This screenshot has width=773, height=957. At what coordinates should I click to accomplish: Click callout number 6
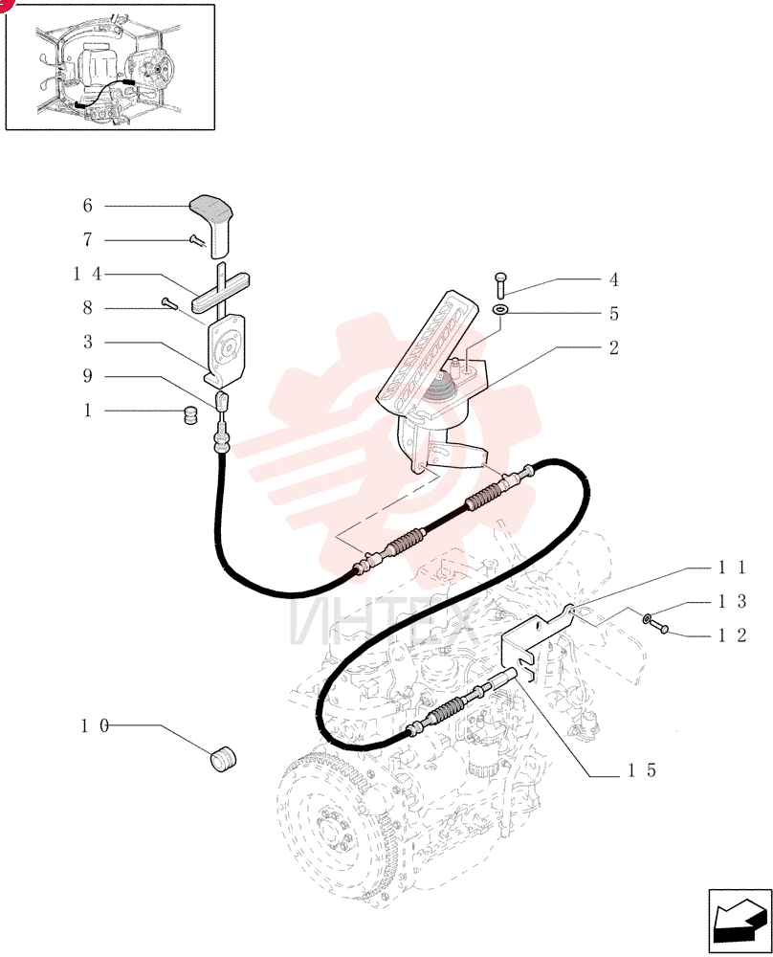pyautogui.click(x=87, y=206)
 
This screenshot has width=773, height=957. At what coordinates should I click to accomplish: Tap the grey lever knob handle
pyautogui.click(x=213, y=225)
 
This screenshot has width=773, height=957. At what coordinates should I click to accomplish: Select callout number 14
pyautogui.click(x=88, y=274)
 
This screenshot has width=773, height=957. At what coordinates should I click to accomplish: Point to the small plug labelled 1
pyautogui.click(x=191, y=416)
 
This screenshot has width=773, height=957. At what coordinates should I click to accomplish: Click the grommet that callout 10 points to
pyautogui.click(x=223, y=758)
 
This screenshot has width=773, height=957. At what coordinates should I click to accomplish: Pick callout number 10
pyautogui.click(x=95, y=725)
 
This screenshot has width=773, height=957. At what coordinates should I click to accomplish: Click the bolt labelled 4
pyautogui.click(x=500, y=286)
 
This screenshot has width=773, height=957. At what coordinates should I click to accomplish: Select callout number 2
pyautogui.click(x=614, y=348)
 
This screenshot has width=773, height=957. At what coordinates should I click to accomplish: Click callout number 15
pyautogui.click(x=643, y=770)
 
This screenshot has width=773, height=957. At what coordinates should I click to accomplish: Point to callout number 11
pyautogui.click(x=732, y=568)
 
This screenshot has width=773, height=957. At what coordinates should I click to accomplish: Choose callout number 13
pyautogui.click(x=732, y=602)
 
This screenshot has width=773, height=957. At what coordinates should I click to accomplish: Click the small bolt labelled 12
pyautogui.click(x=659, y=626)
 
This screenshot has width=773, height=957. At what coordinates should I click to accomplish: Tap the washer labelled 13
pyautogui.click(x=646, y=619)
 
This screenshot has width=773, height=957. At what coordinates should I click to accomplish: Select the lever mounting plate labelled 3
pyautogui.click(x=225, y=351)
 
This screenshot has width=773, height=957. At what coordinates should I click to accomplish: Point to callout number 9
pyautogui.click(x=87, y=376)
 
